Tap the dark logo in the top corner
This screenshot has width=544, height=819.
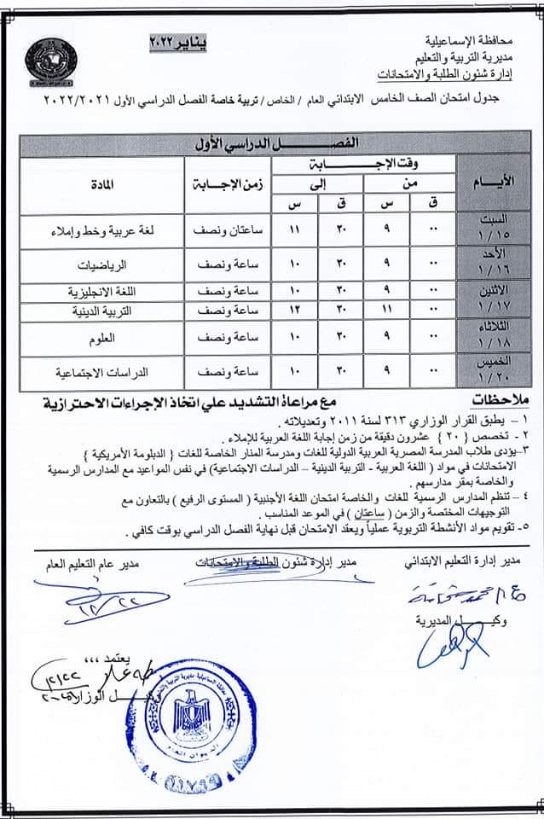tap(50, 62)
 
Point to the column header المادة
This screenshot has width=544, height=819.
tap(101, 183)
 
